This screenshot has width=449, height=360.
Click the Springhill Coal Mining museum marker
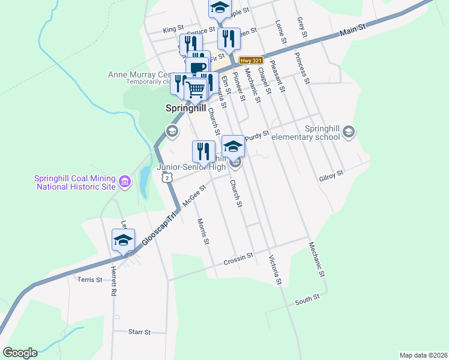(125, 181)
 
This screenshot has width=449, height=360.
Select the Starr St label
(139, 331)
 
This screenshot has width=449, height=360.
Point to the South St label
(307, 300)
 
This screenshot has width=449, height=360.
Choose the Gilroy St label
(331, 173)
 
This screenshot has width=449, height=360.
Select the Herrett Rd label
(113, 282)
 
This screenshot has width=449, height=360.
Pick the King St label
(173, 29)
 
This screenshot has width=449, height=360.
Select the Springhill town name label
(185, 109)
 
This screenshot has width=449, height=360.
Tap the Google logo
(20, 352)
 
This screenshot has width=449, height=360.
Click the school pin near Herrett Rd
(123, 241)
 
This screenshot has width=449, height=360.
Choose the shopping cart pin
(196, 90)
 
